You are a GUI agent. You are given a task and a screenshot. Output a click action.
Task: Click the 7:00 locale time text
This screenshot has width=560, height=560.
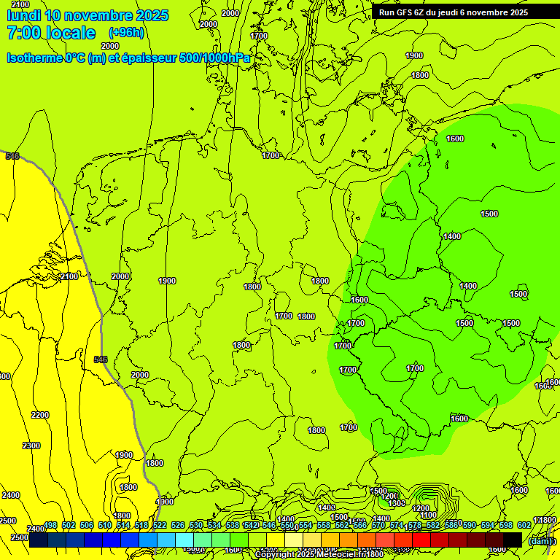click(51, 33)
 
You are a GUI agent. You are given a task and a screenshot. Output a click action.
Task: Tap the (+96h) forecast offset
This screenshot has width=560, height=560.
click(126, 32)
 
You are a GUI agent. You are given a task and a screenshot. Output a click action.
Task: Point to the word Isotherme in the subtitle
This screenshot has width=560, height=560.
click(34, 58)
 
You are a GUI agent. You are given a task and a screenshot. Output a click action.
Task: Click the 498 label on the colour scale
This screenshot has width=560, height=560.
click(50, 525)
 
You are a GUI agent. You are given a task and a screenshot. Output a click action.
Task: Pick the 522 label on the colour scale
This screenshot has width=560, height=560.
click(160, 525)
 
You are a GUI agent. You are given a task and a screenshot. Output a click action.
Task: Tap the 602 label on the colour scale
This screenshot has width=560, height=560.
click(524, 525)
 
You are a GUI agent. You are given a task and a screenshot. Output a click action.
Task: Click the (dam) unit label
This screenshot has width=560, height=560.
click(540, 540)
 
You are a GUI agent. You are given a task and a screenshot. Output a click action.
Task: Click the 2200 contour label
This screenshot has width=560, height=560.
click(40, 415)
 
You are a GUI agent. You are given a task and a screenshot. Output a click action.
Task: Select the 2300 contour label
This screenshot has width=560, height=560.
click(31, 446)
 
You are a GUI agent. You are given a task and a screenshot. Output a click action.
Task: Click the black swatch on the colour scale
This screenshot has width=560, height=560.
click(512, 540)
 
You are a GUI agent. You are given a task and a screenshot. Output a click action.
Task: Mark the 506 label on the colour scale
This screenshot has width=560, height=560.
click(87, 525)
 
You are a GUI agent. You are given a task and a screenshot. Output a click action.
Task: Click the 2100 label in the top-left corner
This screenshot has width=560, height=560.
click(20, 5)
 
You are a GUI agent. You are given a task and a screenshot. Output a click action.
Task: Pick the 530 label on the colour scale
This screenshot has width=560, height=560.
click(196, 525)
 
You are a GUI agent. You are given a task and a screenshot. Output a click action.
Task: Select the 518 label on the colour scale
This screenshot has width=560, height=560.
click(141, 525)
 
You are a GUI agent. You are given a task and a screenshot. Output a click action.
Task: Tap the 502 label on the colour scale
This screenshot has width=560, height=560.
click(69, 525)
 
